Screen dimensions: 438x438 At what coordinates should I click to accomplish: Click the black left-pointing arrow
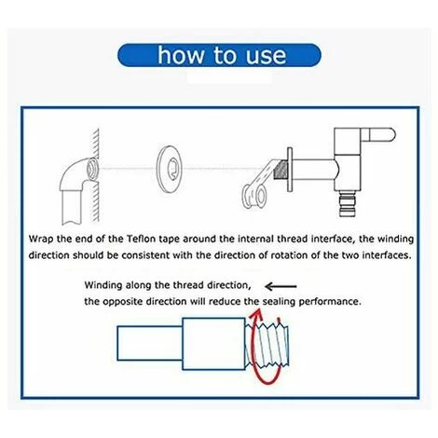(x=284, y=287)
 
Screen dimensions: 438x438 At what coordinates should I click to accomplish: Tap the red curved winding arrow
(x=255, y=340)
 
